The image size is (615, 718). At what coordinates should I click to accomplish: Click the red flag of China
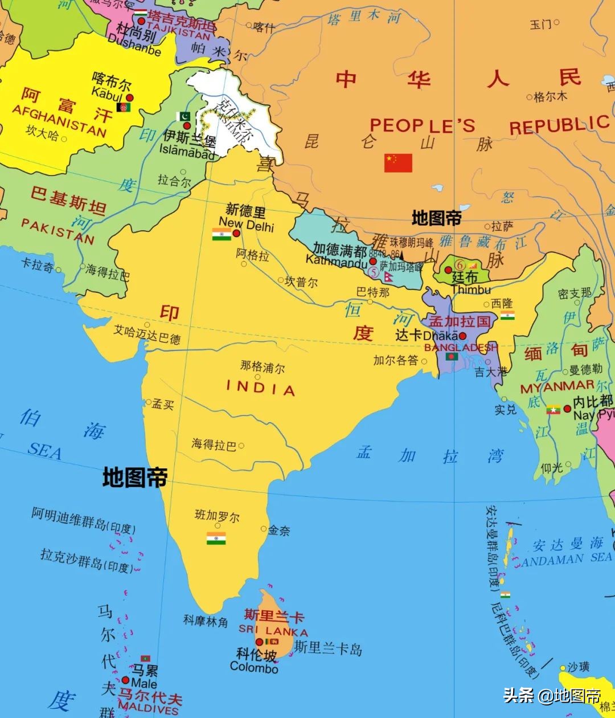pyautogui.click(x=398, y=162)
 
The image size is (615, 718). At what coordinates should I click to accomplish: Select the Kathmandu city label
pyautogui.click(x=337, y=262)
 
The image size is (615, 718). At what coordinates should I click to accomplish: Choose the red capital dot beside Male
pyautogui.click(x=125, y=680)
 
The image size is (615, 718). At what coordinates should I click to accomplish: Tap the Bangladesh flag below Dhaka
pyautogui.click(x=452, y=357)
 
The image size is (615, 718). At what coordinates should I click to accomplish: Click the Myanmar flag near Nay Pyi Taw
pyautogui.click(x=553, y=409)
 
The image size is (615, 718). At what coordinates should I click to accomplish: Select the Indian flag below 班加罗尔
pyautogui.click(x=216, y=538)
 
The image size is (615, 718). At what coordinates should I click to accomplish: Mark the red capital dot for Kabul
pyautogui.click(x=129, y=97)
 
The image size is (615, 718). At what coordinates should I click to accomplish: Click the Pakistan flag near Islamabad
pyautogui.click(x=184, y=116)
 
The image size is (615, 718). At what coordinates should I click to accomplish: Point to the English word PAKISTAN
pyautogui.click(x=58, y=230)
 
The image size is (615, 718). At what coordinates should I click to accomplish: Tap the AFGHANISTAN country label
pyautogui.click(x=59, y=121)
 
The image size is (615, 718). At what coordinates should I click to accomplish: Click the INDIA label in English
pyautogui.click(x=261, y=389)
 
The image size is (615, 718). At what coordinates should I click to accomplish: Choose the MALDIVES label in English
pyautogui.click(x=148, y=710)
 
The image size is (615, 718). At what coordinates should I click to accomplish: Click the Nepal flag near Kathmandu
pyautogui.click(x=388, y=276)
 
